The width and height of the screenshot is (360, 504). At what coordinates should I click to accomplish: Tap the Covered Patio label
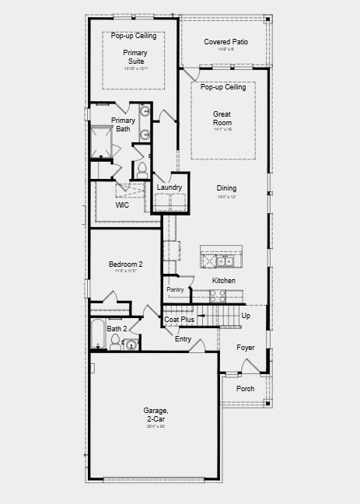225,41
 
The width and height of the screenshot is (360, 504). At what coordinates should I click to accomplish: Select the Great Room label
222,118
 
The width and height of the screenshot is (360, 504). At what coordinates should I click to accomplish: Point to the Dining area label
226,188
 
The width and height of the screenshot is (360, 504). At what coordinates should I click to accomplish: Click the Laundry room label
169,187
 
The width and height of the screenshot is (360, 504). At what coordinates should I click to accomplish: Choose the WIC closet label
123,205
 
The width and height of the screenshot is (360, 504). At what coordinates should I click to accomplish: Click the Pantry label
176,289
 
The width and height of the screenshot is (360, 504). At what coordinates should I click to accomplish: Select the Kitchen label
224,280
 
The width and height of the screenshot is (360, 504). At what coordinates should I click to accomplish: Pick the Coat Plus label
179,319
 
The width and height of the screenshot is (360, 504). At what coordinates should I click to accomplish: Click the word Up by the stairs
246,316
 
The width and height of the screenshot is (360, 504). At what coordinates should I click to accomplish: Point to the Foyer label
246,347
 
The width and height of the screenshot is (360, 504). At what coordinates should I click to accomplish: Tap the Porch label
245,388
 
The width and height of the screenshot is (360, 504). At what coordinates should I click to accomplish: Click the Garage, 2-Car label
156,415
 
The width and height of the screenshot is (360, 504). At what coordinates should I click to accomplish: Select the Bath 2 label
116,328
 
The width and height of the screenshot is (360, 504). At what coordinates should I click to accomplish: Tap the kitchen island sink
222,261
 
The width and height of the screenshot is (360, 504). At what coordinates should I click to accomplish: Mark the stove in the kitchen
217,296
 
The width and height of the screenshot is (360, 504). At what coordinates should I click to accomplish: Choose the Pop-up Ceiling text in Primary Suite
133,36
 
